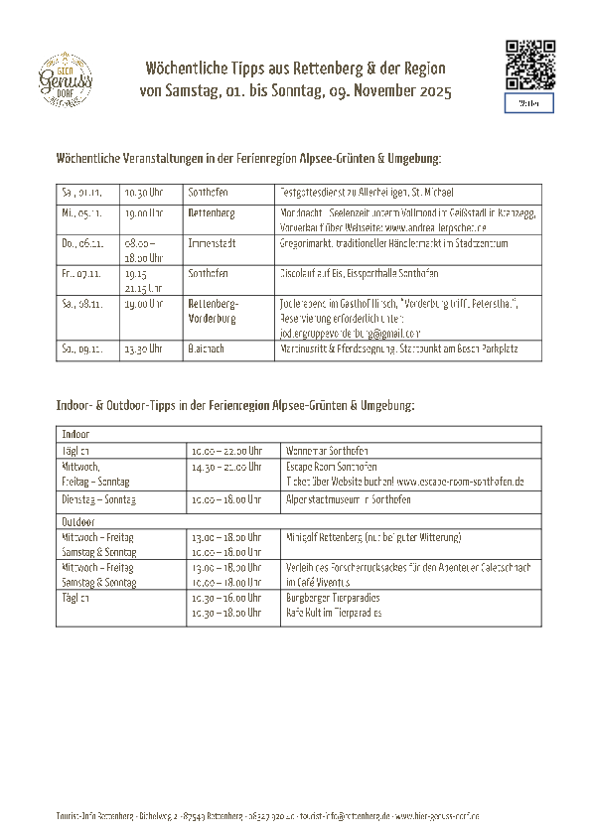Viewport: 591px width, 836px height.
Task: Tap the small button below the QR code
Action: click(529, 103)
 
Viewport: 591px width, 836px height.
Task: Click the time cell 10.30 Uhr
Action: click(142, 193)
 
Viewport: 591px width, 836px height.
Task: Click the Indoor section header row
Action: click(299, 435)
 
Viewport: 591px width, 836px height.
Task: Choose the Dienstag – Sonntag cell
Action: click(99, 499)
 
